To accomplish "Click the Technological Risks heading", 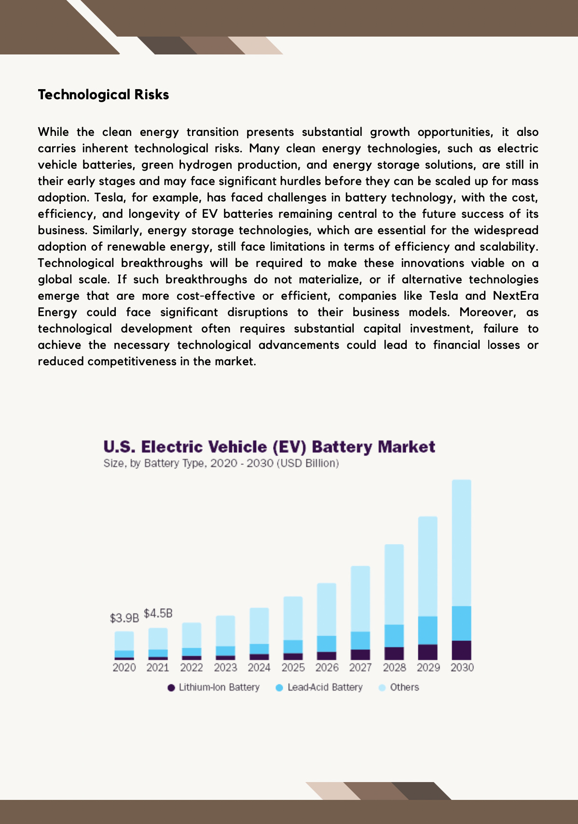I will pos(103,94).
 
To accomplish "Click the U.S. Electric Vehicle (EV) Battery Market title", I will pos(269,447).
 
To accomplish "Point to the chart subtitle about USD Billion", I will pos(221,464).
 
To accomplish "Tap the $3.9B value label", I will pos(124,618).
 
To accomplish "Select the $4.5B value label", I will pos(158,613).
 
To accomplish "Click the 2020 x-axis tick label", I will pos(124,667).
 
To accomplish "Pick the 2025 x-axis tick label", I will pos(293,667).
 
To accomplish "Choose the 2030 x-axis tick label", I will pos(462,667).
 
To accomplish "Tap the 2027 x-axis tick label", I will pos(360,667).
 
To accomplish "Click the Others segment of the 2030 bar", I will pos(462,543).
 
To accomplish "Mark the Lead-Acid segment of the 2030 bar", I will pos(462,623).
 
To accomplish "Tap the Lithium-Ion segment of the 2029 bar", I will pos(428,652).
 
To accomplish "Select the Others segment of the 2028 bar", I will pos(394,585).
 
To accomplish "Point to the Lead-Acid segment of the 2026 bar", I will pos(327,644).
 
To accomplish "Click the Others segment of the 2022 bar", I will pos(192,635).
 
